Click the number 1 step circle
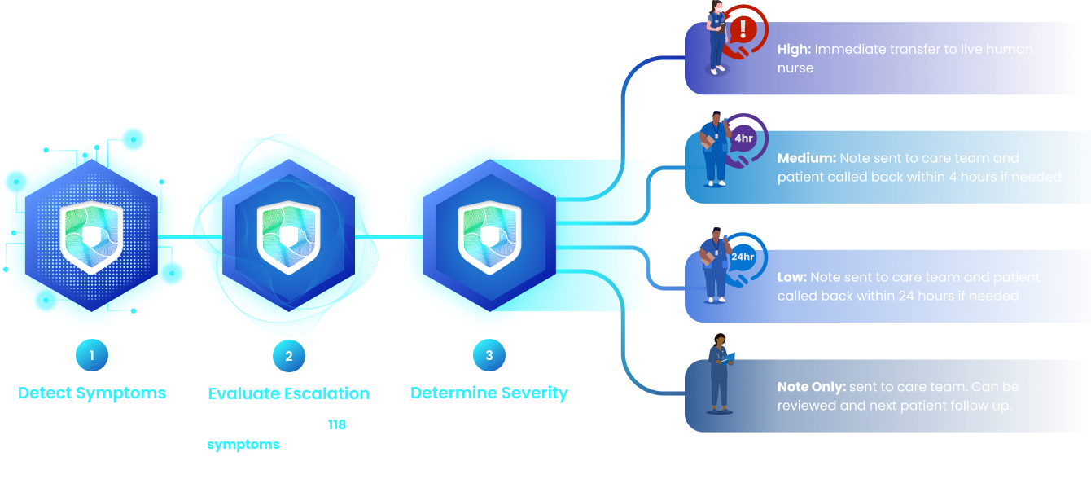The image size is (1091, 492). click(x=92, y=355)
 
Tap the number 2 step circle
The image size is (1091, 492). click(x=289, y=355)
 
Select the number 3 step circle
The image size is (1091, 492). click(x=489, y=355)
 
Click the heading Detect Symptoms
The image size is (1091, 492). click(x=92, y=393)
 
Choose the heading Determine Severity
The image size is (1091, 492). click(x=489, y=393)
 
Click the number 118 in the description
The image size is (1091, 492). click(x=337, y=424)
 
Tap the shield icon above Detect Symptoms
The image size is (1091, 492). click(x=92, y=236)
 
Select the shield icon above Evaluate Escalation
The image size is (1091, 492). click(x=289, y=236)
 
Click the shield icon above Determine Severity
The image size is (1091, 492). click(x=489, y=236)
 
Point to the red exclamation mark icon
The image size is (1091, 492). click(x=742, y=31)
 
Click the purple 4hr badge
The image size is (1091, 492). click(x=743, y=138)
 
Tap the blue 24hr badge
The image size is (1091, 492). click(x=743, y=257)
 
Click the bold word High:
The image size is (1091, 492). click(x=794, y=50)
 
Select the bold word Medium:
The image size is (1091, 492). click(x=806, y=158)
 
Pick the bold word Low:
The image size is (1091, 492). click(x=791, y=278)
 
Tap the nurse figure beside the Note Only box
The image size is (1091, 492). click(x=720, y=372)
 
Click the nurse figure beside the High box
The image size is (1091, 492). click(x=716, y=38)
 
